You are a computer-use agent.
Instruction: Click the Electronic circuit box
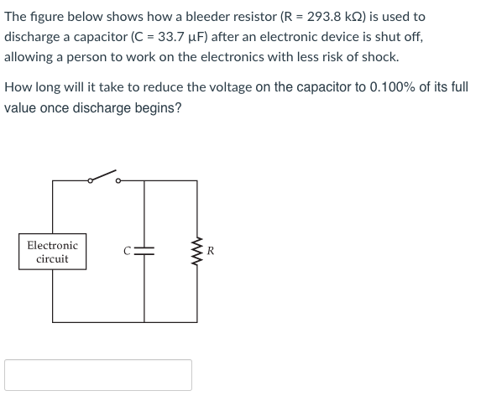52,252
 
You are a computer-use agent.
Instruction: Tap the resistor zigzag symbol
198,251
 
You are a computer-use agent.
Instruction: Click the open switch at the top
102,177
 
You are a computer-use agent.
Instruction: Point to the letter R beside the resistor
211,251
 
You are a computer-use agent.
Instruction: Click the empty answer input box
98,375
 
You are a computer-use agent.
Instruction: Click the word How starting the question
18,88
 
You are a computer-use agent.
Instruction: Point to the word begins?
156,109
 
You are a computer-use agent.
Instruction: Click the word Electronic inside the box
52,245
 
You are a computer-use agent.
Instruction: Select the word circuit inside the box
52,259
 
